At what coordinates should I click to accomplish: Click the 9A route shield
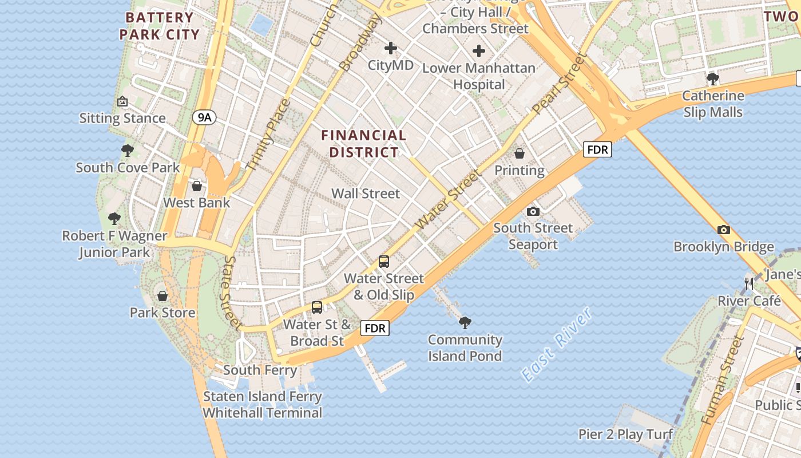[204, 118]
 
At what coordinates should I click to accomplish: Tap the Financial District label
[363, 144]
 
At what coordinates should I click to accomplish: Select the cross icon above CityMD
[391, 48]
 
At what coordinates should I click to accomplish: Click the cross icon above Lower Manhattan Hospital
[479, 52]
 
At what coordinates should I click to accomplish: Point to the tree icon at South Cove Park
[128, 151]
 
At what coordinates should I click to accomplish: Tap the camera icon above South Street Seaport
[533, 211]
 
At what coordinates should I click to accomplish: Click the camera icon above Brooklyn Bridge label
[723, 230]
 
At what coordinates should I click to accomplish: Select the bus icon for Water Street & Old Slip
[383, 262]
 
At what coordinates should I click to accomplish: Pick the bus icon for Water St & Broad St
[317, 307]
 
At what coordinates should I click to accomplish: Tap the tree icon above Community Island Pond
[465, 323]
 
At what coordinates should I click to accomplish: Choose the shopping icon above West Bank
[197, 186]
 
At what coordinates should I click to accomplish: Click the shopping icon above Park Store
[162, 296]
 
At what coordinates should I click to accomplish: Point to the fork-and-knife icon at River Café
[748, 283]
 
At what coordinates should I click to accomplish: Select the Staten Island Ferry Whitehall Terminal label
[263, 404]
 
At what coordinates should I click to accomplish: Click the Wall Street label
[366, 194]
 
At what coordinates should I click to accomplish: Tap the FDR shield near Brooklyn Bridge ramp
[598, 150]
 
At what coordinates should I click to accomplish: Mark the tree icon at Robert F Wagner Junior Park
[114, 219]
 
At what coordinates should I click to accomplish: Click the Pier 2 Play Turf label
[625, 435]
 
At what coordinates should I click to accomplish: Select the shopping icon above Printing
[520, 153]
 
